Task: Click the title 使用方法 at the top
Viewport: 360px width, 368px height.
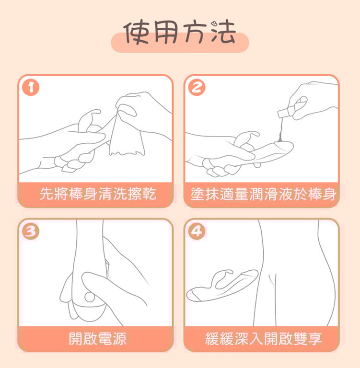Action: (x=179, y=33)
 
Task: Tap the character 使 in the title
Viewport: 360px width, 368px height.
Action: (x=136, y=33)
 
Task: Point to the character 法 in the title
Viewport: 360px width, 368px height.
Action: (x=223, y=33)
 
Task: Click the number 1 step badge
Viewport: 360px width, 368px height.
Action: (x=31, y=87)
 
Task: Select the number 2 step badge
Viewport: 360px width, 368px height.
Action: (x=197, y=87)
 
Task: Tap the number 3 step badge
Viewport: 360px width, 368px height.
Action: (x=31, y=231)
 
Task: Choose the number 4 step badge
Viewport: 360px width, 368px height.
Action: (x=197, y=231)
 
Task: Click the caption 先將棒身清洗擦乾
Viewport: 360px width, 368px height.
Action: (x=98, y=194)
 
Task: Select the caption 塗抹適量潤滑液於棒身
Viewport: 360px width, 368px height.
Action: (x=263, y=194)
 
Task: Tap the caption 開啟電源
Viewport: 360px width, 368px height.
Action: (x=98, y=338)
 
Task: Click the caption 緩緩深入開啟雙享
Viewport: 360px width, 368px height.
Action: (x=263, y=338)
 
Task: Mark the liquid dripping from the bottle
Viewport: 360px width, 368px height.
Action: (x=280, y=130)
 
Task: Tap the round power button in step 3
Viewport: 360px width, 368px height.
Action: (x=90, y=297)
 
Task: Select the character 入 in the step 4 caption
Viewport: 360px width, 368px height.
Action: (x=256, y=338)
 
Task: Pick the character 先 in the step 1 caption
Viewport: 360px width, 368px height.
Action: (x=46, y=194)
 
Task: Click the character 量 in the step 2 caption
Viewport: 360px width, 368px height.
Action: (x=242, y=194)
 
